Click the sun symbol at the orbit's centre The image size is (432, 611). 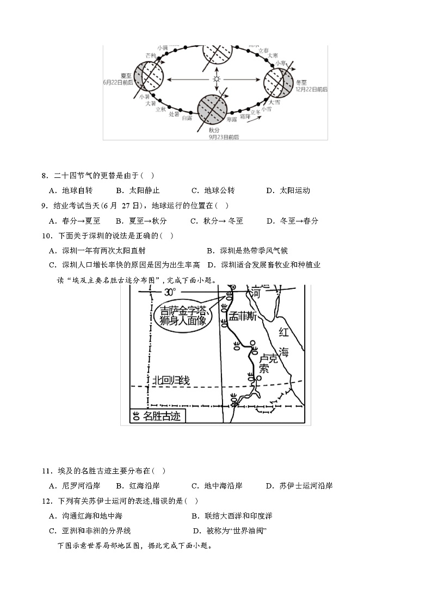217,79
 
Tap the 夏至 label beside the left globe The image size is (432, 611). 126,75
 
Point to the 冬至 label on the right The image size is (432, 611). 302,82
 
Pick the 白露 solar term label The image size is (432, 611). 187,118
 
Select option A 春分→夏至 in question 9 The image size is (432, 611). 75,221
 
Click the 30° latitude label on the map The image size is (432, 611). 170,292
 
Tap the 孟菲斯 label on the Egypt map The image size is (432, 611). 243,317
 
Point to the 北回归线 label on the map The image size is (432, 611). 171,380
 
